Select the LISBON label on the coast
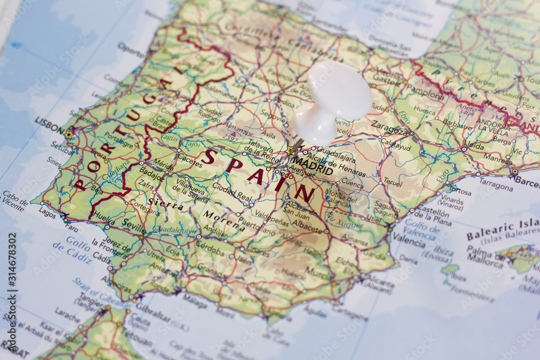49,124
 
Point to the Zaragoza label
389,130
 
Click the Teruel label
393,183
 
